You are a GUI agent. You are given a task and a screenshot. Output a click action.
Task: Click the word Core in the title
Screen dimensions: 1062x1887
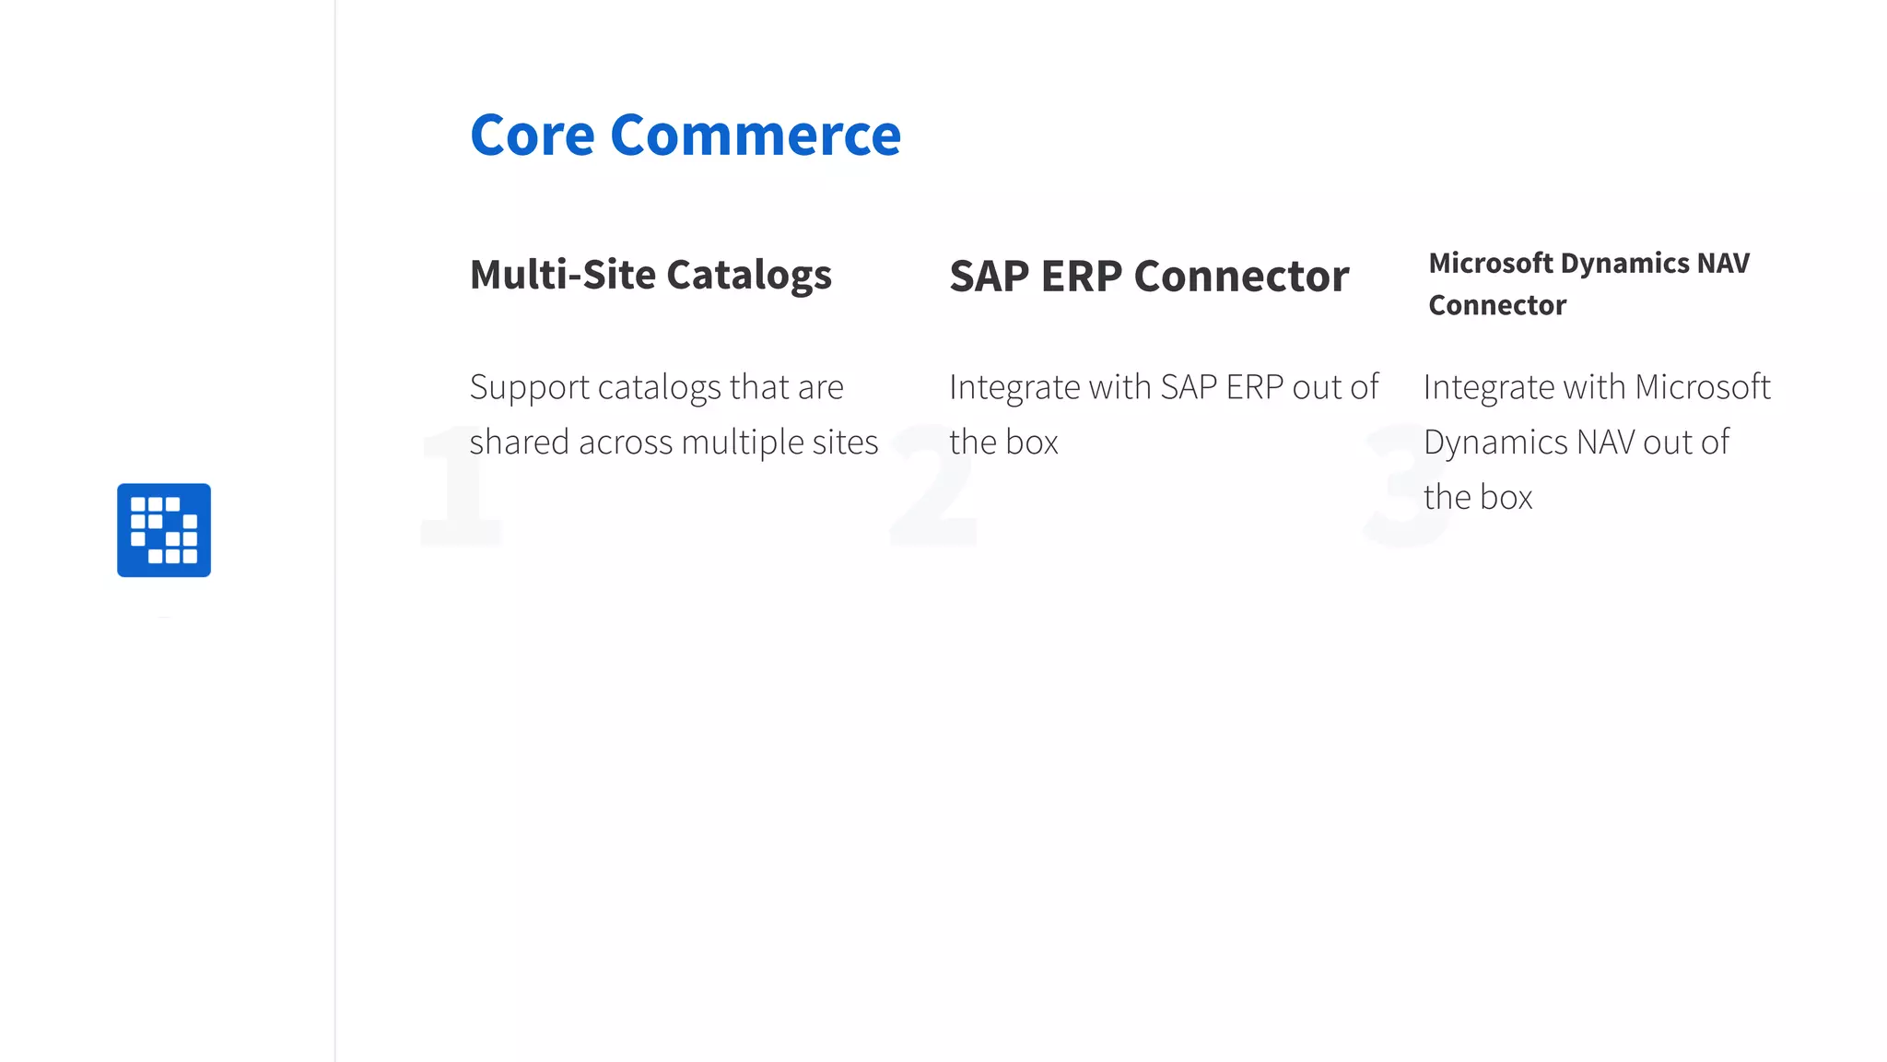click(x=533, y=136)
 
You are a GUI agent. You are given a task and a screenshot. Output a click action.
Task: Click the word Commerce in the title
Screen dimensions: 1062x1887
click(x=756, y=136)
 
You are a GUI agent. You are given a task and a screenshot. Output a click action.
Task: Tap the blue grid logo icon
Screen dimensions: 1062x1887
click(x=164, y=530)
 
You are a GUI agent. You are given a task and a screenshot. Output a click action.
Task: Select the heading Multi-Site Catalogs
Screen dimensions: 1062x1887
click(x=650, y=275)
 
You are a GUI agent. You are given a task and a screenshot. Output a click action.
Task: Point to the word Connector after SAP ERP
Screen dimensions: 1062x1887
click(x=1241, y=277)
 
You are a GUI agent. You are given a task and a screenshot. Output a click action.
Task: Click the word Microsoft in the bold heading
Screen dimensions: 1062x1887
click(x=1491, y=264)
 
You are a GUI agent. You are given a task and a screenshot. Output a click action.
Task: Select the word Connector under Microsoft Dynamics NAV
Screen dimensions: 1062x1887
click(x=1497, y=305)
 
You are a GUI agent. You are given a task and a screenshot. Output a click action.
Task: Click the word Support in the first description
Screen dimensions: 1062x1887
click(x=530, y=388)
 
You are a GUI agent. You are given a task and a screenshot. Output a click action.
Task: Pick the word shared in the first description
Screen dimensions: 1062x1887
click(x=519, y=442)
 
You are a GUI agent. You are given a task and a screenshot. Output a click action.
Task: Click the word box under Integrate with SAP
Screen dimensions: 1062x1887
click(x=1032, y=442)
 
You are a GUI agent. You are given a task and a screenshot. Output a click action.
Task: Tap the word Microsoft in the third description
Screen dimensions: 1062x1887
click(x=1702, y=387)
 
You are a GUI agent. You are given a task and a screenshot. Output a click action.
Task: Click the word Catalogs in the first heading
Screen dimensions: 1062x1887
click(x=748, y=275)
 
